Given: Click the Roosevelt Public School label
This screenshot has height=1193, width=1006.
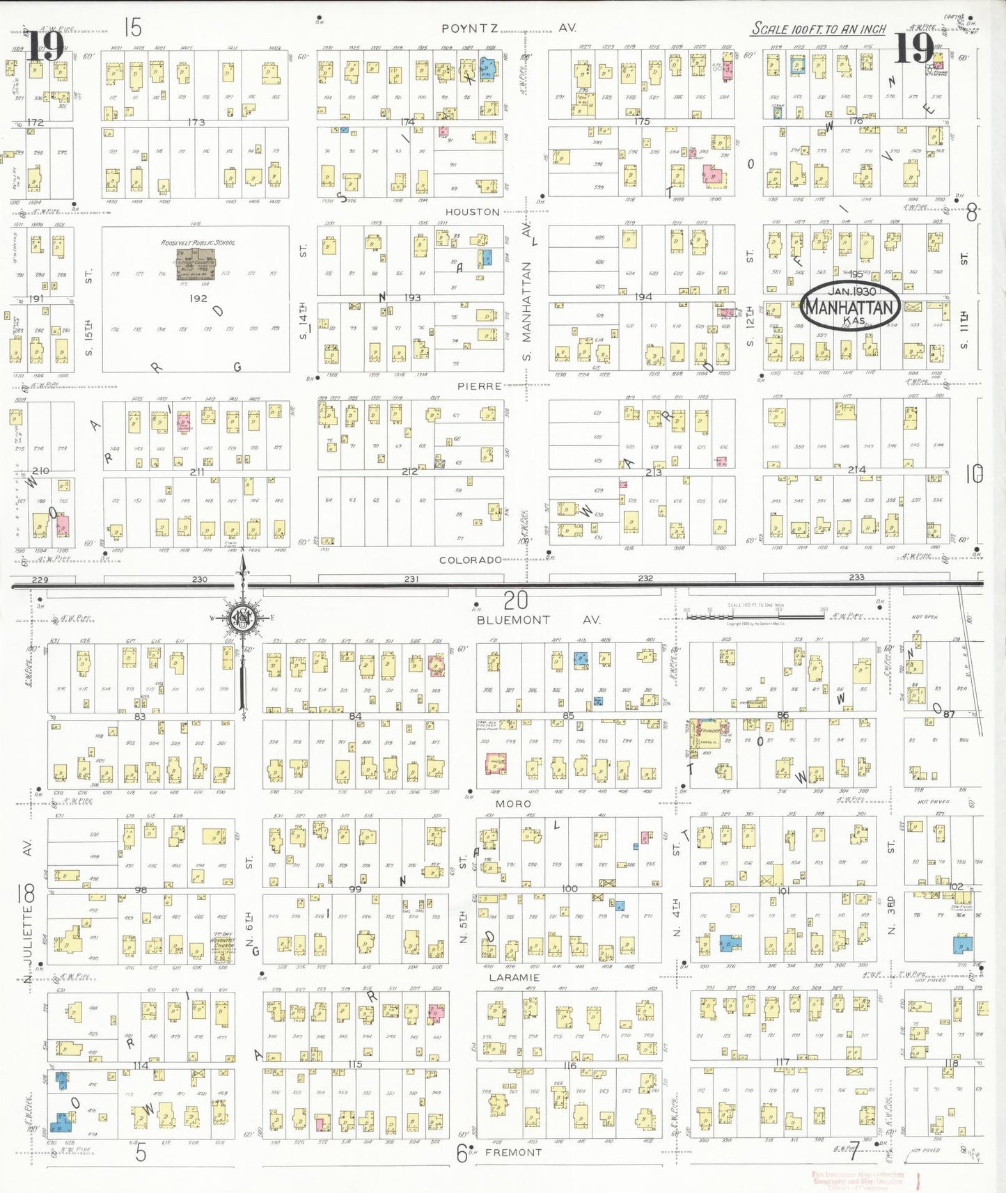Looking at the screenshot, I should pos(198,243).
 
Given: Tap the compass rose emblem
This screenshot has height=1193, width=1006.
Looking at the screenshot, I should pos(242,618).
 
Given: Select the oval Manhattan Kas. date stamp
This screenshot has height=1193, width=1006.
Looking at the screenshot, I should pos(850,306).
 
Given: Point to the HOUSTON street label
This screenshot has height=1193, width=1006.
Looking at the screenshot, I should pos(472,212).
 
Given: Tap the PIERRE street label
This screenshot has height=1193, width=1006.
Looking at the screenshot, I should pos(479,386).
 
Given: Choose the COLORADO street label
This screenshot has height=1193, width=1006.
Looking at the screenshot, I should pos(471,560).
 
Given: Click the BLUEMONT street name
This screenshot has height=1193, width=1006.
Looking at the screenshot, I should pos(513,619).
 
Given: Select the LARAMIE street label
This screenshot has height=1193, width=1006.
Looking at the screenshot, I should pos(514,977).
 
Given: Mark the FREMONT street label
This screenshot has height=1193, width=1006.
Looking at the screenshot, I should pos(513,1152).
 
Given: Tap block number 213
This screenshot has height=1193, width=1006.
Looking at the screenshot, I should pos(653,473).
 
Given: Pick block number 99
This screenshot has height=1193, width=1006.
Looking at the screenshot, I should pos(355,889).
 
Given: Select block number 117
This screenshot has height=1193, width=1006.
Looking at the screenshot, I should pos(783,1062).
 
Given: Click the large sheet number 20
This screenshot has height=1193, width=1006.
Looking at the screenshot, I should pos(516,599).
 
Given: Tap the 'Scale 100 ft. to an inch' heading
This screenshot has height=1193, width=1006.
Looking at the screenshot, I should pos(819,29).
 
